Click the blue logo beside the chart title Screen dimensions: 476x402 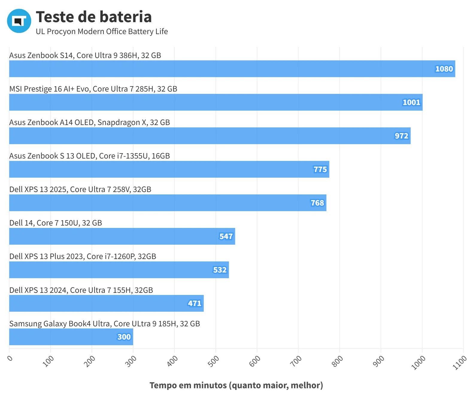(x=19, y=21)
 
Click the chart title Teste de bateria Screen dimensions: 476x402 (x=94, y=17)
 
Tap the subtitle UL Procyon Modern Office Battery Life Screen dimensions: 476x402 (x=102, y=31)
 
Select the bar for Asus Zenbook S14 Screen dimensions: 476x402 (x=232, y=69)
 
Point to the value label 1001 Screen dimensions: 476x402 (x=411, y=102)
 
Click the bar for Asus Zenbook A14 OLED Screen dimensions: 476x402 (x=210, y=136)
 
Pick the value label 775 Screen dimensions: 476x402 (x=320, y=169)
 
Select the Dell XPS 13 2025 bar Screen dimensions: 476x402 (x=168, y=203)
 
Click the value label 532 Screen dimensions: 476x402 (x=220, y=270)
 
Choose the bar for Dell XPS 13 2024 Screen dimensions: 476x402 (x=107, y=303)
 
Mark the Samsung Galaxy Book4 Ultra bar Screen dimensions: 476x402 (x=71, y=337)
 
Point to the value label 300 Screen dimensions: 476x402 (x=124, y=337)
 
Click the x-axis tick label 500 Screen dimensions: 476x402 (x=213, y=361)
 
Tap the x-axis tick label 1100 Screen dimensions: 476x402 (x=460, y=363)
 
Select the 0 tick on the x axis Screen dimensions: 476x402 (x=10, y=358)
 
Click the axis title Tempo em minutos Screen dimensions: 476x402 (x=188, y=385)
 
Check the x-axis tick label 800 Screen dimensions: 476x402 (x=337, y=361)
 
